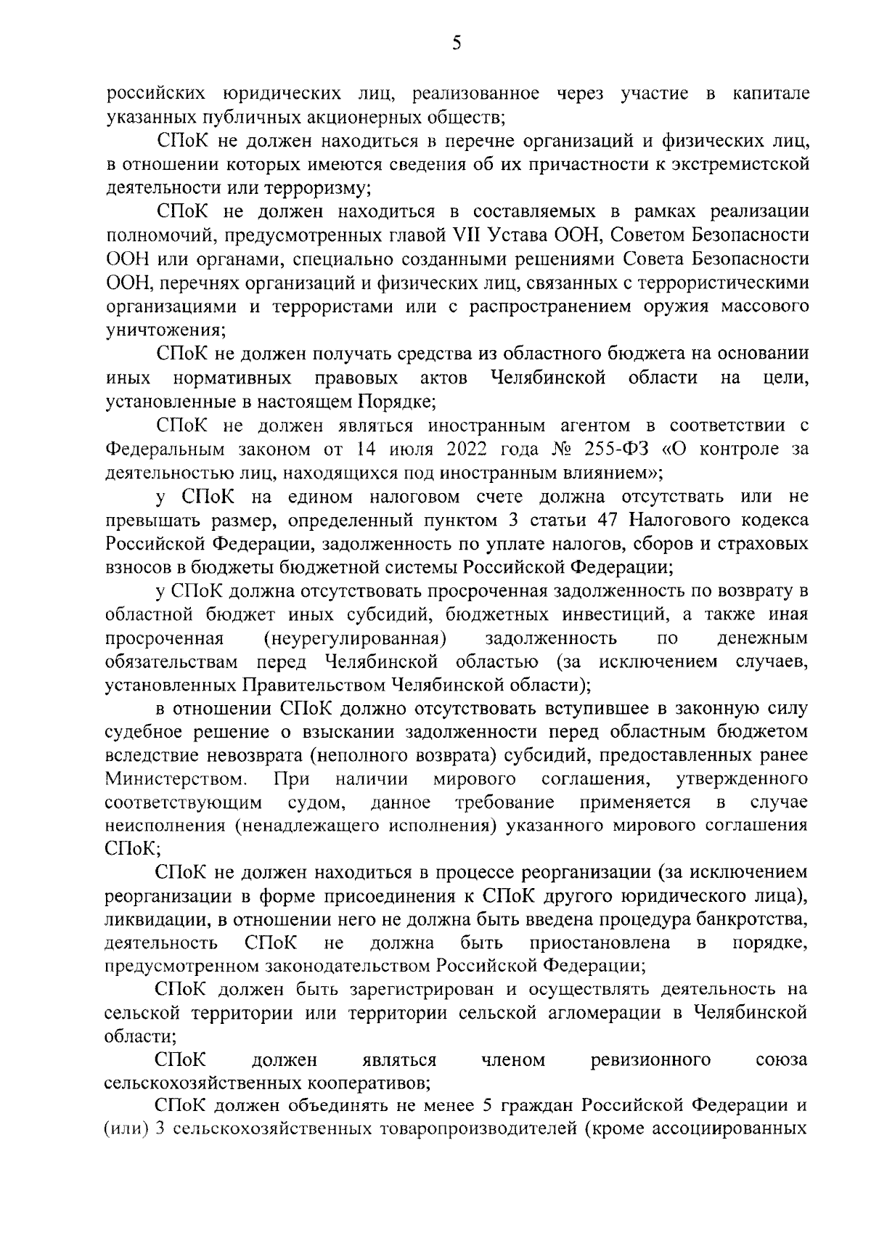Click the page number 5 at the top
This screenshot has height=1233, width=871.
457,44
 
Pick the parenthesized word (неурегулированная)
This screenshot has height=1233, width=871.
354,639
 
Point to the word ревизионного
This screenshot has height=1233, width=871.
651,1060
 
